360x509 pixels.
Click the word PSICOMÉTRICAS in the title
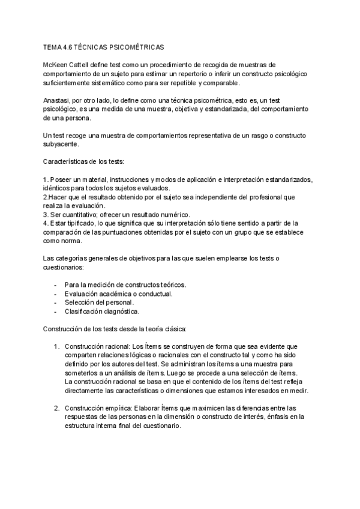click(x=134, y=46)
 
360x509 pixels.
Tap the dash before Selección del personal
click(x=56, y=303)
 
